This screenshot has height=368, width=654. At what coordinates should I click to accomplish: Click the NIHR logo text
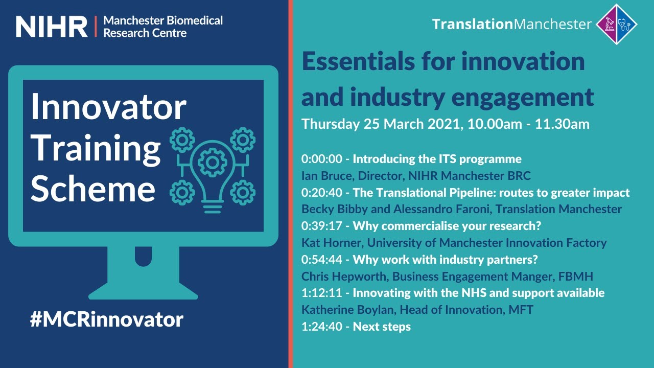[x=52, y=26]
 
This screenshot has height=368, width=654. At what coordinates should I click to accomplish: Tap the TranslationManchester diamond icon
[x=617, y=24]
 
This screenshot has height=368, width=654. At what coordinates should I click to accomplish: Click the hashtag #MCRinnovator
[x=106, y=319]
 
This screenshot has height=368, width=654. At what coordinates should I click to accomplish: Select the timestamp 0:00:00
[x=321, y=158]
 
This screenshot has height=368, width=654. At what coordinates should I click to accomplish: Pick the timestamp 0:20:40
[x=321, y=192]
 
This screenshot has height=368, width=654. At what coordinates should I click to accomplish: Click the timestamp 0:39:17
[x=321, y=225]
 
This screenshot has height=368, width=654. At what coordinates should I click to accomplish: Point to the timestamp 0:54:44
[x=321, y=259]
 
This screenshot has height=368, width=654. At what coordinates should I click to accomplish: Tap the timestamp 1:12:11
[x=321, y=293]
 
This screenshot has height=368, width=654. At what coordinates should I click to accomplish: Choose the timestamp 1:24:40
[x=321, y=326]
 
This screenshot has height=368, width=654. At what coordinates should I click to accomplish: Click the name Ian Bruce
[x=325, y=175]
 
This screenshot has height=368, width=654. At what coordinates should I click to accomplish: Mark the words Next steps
[x=382, y=326]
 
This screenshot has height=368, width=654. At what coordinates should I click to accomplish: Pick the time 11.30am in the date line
[x=562, y=124]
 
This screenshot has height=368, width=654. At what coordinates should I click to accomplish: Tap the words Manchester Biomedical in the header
[x=163, y=21]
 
